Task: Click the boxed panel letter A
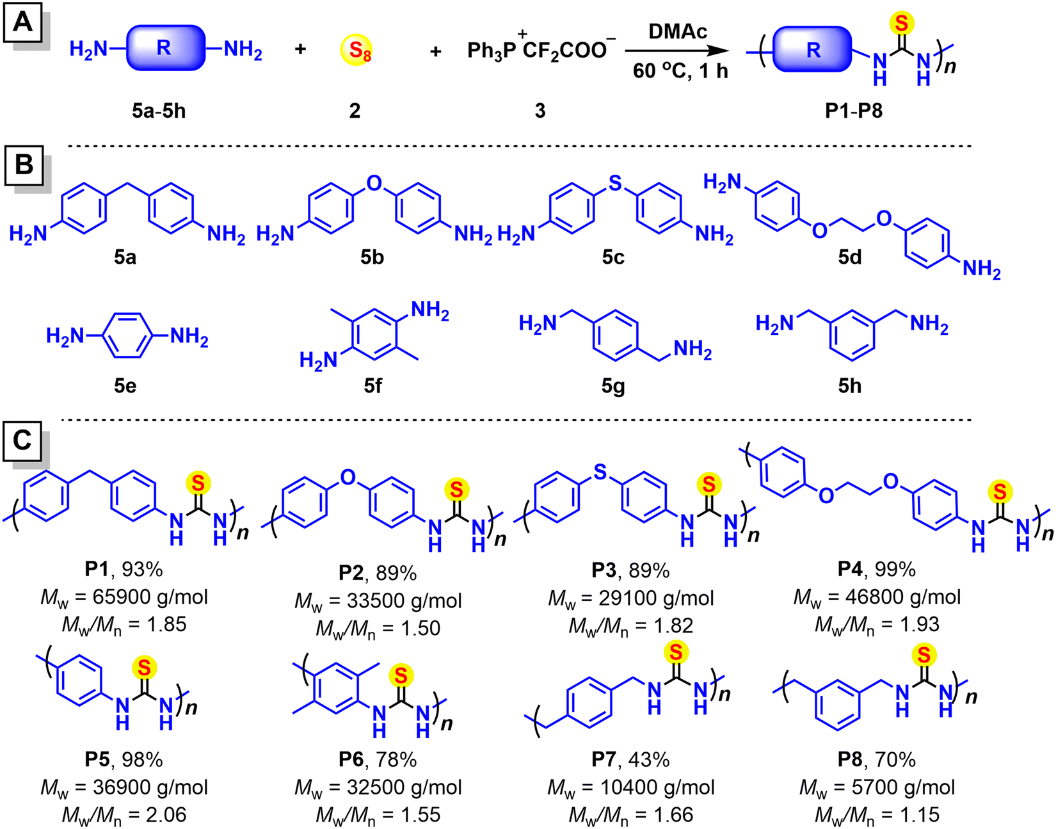[x=23, y=22]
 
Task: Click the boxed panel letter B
[x=24, y=165]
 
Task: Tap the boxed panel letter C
[x=22, y=440]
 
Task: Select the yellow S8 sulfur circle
[x=356, y=50]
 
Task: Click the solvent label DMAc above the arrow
[x=678, y=32]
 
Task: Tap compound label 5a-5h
[x=159, y=111]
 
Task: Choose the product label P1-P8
[x=854, y=111]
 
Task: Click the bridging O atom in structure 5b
[x=374, y=182]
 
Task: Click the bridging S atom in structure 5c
[x=615, y=182]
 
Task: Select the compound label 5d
[x=850, y=257]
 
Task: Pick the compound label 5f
[x=372, y=386]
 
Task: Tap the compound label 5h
[x=849, y=386]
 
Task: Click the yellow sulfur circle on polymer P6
[x=401, y=675]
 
